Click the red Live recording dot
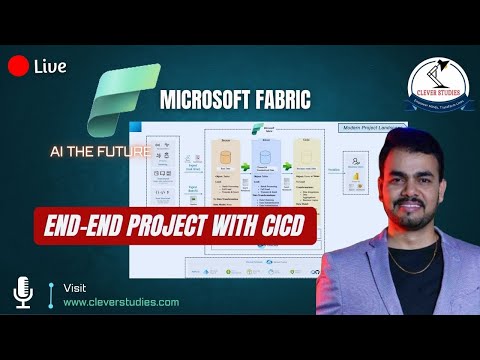[17, 67]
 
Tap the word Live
[50, 67]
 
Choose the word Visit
[74, 287]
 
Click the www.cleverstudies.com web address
[122, 301]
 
